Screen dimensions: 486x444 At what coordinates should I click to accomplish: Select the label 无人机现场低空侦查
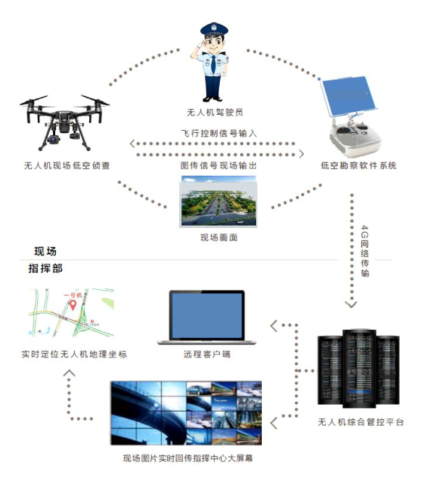click(67, 166)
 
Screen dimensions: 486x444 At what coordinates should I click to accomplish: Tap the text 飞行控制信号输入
click(218, 134)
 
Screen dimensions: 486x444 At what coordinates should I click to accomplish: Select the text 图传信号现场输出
click(218, 166)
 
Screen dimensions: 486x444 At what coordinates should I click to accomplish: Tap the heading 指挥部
click(45, 269)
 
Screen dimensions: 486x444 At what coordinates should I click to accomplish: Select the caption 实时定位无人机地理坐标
click(74, 355)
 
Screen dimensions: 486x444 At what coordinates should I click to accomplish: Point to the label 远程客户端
click(206, 355)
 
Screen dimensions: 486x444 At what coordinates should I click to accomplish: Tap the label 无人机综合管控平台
click(361, 422)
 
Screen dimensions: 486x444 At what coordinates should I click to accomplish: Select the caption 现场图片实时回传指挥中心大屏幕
click(188, 458)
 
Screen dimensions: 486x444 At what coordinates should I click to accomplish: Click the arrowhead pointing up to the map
click(70, 373)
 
